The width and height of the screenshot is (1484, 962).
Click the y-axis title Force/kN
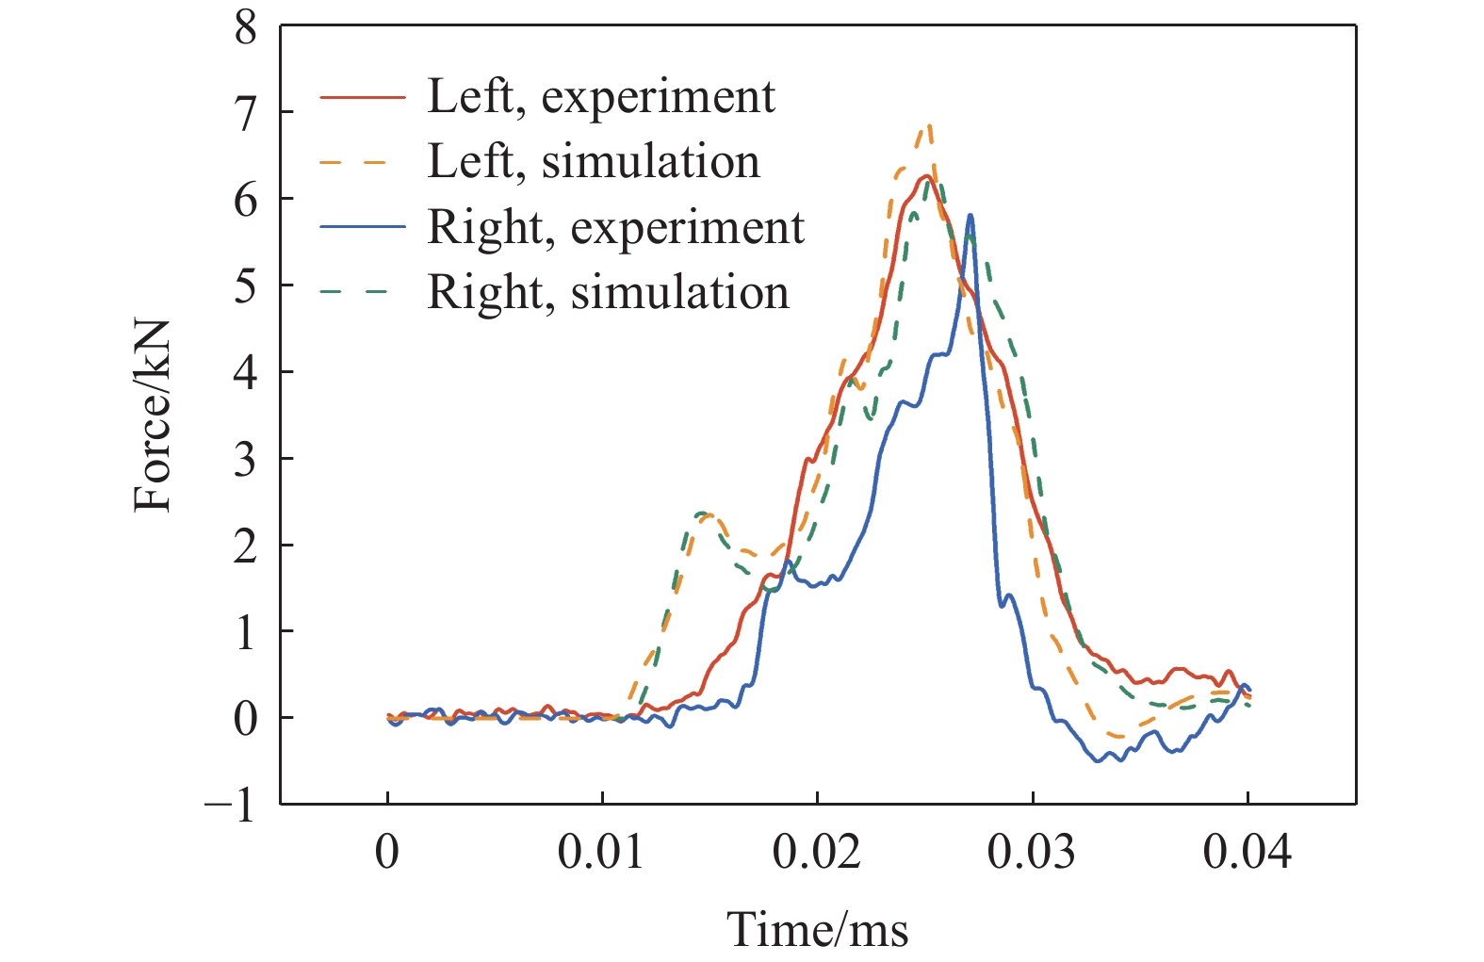[x=153, y=416]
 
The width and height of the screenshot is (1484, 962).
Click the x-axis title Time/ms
[x=817, y=930]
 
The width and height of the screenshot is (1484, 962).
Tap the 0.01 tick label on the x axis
[x=601, y=852]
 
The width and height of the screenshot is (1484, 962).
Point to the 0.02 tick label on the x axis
[x=816, y=852]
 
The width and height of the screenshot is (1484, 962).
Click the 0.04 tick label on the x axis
[x=1247, y=852]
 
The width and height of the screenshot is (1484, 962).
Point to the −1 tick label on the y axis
[x=232, y=806]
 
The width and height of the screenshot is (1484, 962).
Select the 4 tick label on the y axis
[x=245, y=373]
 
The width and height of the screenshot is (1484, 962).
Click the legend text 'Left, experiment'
[x=601, y=96]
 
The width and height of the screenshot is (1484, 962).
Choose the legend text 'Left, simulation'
[x=594, y=161]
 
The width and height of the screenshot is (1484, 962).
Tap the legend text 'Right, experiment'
[x=616, y=227]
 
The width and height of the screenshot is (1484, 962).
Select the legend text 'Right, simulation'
[x=609, y=292]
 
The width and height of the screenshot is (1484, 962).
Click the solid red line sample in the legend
[x=363, y=97]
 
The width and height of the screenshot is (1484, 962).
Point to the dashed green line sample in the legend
[x=363, y=292]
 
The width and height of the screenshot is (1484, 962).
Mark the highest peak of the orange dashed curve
[x=929, y=125]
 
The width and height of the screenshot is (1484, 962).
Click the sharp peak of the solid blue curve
[x=970, y=216]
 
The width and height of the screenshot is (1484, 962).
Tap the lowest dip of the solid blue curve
[x=1098, y=760]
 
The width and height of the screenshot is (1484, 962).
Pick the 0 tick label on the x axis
[x=387, y=852]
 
